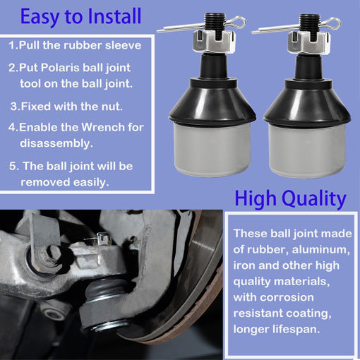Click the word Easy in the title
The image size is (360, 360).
coord(40,17)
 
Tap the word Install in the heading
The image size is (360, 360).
coord(114,16)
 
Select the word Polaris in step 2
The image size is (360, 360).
coord(60,68)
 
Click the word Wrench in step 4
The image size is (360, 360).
coord(103,127)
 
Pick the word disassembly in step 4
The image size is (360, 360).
coord(56,143)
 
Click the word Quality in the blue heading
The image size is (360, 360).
coord(314,199)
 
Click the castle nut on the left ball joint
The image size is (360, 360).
coord(214,42)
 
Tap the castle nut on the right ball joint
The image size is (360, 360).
coord(309,43)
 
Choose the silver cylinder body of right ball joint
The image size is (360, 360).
coord(307,150)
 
